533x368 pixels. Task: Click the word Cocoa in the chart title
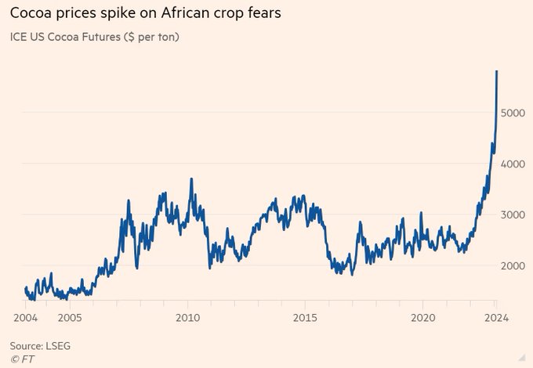click(x=32, y=14)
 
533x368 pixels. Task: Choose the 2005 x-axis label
click(x=69, y=318)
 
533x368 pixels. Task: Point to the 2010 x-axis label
click(x=187, y=318)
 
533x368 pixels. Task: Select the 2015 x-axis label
click(x=305, y=318)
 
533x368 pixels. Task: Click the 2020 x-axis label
click(x=423, y=318)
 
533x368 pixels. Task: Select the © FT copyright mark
click(x=23, y=359)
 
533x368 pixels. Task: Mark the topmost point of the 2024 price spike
click(x=496, y=71)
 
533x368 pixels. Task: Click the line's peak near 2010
click(x=191, y=179)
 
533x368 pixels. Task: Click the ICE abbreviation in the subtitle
click(x=17, y=37)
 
